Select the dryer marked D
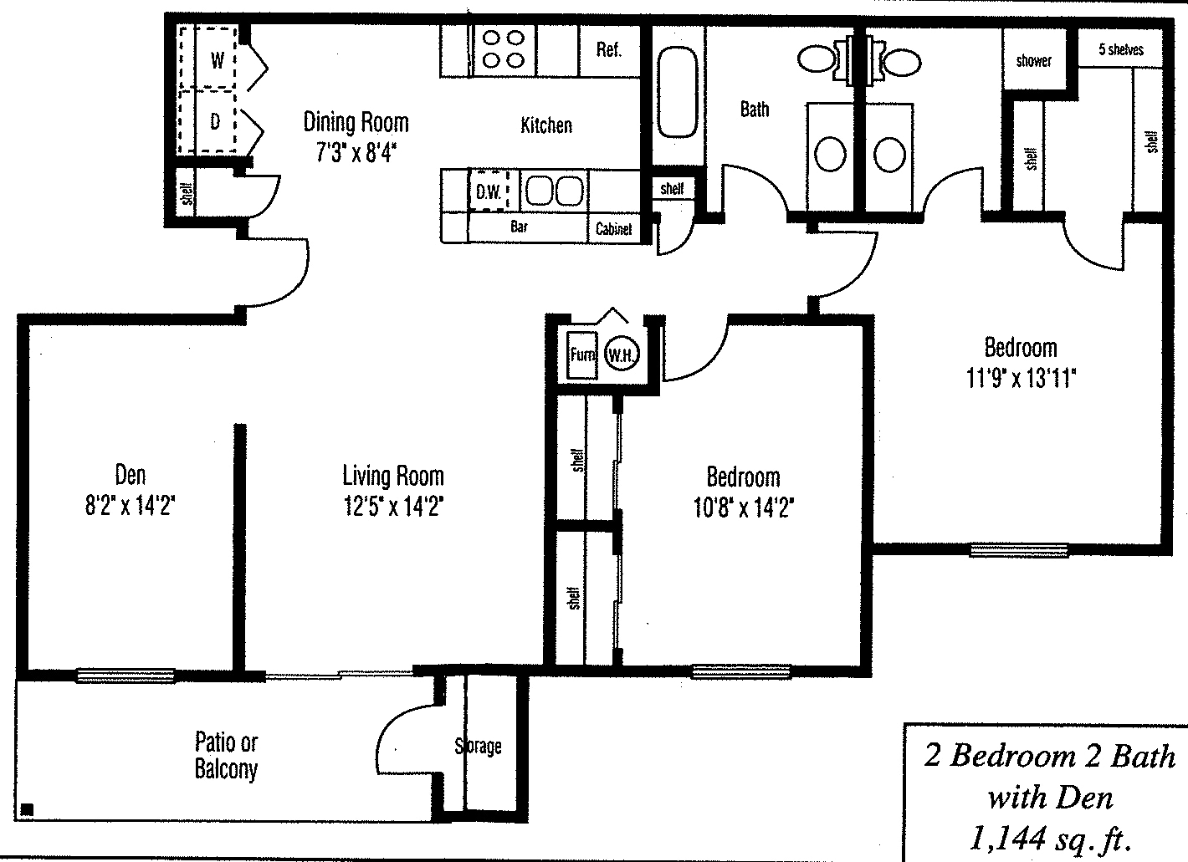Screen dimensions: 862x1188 pyautogui.click(x=215, y=122)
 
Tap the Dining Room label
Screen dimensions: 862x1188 pyautogui.click(x=356, y=123)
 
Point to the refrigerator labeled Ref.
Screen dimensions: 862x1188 pyautogui.click(x=608, y=50)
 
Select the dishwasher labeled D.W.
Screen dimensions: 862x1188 pyautogui.click(x=488, y=191)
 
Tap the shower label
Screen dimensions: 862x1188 pyautogui.click(x=1033, y=61)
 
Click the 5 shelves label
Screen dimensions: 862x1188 pyautogui.click(x=1120, y=50)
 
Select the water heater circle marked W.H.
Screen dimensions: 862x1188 pyautogui.click(x=621, y=355)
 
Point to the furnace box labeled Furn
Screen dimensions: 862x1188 pyautogui.click(x=581, y=354)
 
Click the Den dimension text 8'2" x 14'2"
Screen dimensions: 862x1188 pyautogui.click(x=130, y=506)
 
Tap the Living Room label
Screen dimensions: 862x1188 pyautogui.click(x=392, y=477)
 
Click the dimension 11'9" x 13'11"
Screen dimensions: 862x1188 pyautogui.click(x=1020, y=379)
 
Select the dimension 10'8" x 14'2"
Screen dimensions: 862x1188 pyautogui.click(x=743, y=508)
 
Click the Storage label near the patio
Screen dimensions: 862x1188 pyautogui.click(x=479, y=746)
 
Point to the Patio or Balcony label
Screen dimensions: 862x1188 pyautogui.click(x=226, y=755)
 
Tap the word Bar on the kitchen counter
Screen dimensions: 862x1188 pyautogui.click(x=519, y=227)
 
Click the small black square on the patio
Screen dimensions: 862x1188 pyautogui.click(x=27, y=808)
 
